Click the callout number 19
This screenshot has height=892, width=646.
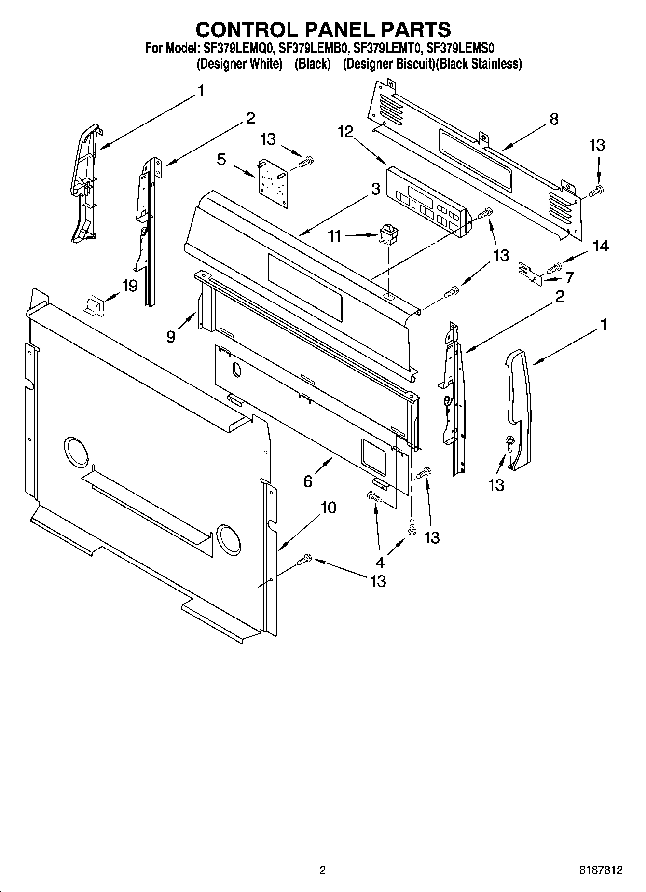coord(130,286)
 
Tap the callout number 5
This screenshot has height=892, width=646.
coord(221,159)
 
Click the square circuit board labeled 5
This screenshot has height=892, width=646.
coord(273,184)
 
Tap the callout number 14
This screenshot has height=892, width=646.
coord(600,246)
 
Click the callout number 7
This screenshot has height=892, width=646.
coord(570,277)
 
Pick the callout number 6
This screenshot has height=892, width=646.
coord(308,481)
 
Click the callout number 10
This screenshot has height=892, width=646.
coord(328,508)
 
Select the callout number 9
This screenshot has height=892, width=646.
coord(171,336)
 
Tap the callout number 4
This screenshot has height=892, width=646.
coord(380,562)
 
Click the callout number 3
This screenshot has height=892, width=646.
coord(376,190)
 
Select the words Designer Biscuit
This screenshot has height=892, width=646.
coord(389,64)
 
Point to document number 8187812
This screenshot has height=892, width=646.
coord(601,871)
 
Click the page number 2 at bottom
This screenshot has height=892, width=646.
coord(322,871)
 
